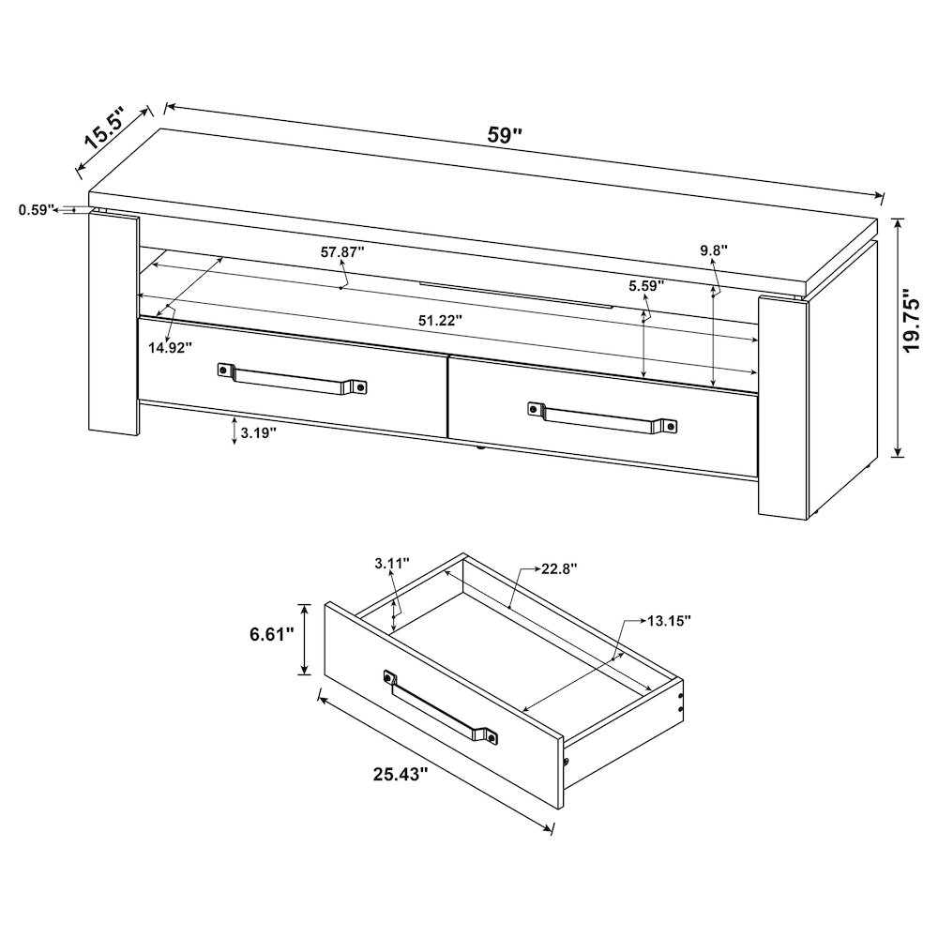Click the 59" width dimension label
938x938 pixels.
pyautogui.click(x=505, y=134)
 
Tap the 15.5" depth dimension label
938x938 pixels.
pyautogui.click(x=105, y=129)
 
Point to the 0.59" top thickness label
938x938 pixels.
pyautogui.click(x=38, y=210)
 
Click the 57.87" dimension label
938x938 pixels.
pyautogui.click(x=342, y=252)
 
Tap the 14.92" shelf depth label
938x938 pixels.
pyautogui.click(x=169, y=347)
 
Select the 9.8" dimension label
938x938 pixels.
pyautogui.click(x=714, y=250)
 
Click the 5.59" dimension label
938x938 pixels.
pyautogui.click(x=646, y=284)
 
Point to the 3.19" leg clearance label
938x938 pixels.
pyautogui.click(x=257, y=433)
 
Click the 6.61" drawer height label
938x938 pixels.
pyautogui.click(x=272, y=635)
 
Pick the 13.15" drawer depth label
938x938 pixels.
pyautogui.click(x=668, y=620)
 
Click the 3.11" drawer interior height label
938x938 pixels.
pyautogui.click(x=392, y=564)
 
